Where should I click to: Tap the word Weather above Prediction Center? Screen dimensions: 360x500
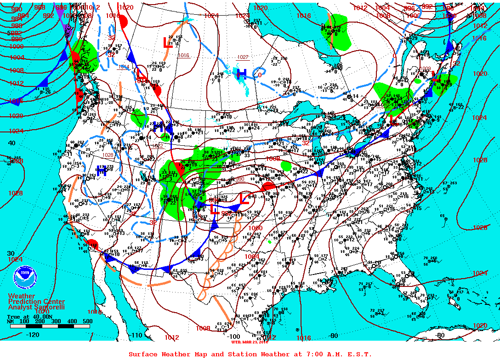click(21, 296)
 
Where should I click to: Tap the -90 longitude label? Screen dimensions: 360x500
click(333, 336)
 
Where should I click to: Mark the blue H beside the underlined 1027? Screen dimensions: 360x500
click(241, 74)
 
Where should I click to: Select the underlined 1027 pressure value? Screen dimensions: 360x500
click(243, 57)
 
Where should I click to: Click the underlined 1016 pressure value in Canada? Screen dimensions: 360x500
click(183, 55)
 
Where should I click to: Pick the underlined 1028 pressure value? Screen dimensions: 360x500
click(108, 155)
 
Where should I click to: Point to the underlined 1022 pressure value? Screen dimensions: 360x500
click(157, 145)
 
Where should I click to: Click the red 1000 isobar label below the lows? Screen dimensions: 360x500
click(255, 228)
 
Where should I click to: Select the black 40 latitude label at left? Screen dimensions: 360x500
click(11, 143)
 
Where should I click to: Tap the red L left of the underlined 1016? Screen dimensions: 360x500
click(168, 43)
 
